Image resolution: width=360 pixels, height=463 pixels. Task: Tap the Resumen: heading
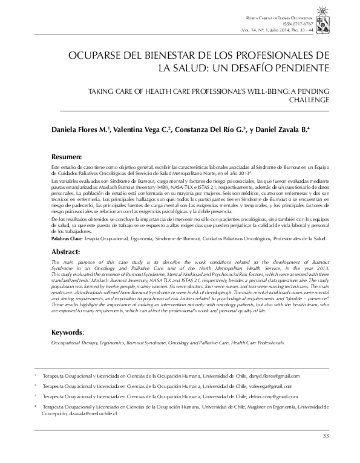(x=67, y=156)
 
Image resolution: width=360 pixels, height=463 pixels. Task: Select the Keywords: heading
(x=68, y=332)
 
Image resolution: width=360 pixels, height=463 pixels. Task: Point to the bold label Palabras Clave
(x=67, y=240)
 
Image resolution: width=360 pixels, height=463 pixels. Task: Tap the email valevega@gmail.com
(x=269, y=386)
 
